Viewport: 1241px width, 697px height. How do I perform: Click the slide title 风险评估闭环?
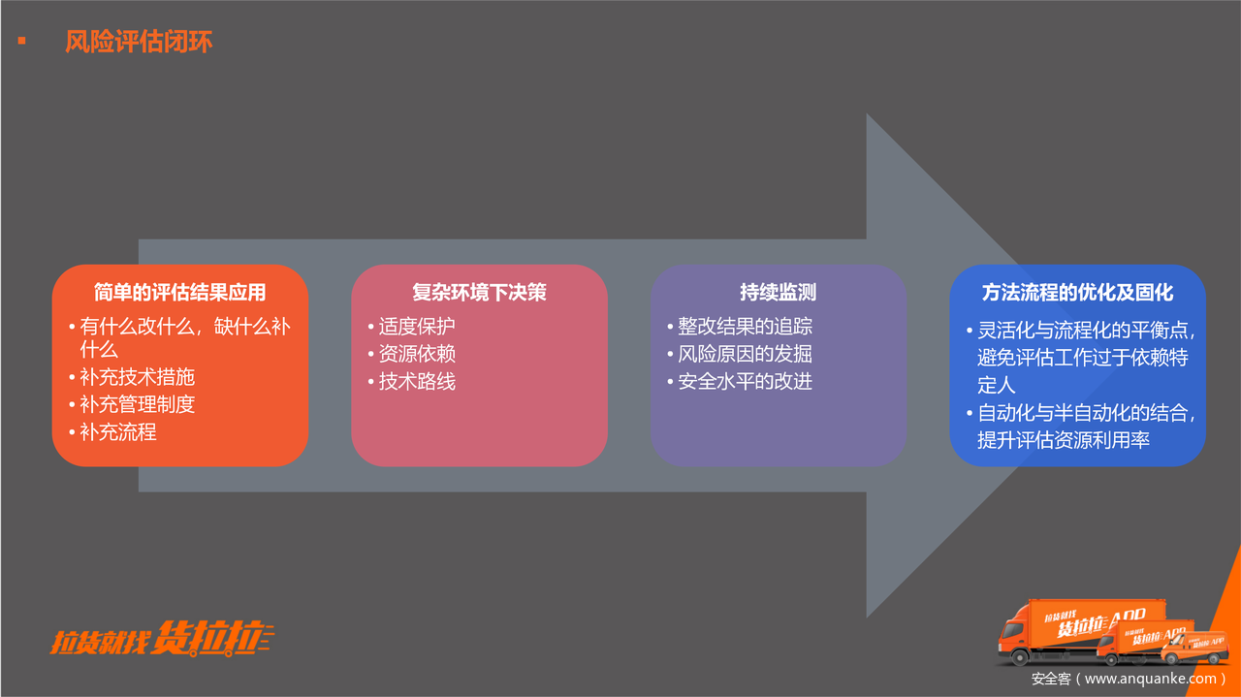click(x=139, y=43)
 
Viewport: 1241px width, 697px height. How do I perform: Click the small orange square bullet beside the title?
click(x=21, y=41)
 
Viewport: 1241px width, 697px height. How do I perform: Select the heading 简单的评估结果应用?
click(x=180, y=292)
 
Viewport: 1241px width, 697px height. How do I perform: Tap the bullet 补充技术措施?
click(x=138, y=377)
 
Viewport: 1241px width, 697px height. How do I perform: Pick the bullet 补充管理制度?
click(x=138, y=404)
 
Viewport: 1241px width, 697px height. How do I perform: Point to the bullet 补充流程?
click(x=118, y=432)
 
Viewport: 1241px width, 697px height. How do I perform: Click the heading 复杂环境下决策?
click(x=479, y=292)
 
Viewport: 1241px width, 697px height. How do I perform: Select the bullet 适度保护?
click(x=417, y=327)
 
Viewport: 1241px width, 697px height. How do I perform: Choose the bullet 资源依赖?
click(x=417, y=354)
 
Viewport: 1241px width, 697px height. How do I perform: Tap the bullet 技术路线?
click(x=417, y=382)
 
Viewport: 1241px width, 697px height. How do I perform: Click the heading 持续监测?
click(x=778, y=292)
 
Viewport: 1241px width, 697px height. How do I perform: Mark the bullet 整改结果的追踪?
click(x=745, y=327)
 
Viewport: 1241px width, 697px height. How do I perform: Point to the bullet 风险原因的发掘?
click(x=745, y=354)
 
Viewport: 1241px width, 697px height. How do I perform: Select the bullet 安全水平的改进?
click(x=745, y=382)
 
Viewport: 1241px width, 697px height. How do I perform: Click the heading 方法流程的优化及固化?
click(x=1077, y=292)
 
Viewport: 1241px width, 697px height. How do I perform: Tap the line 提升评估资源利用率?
click(x=1064, y=440)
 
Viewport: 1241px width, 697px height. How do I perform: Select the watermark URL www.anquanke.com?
click(x=1149, y=680)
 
